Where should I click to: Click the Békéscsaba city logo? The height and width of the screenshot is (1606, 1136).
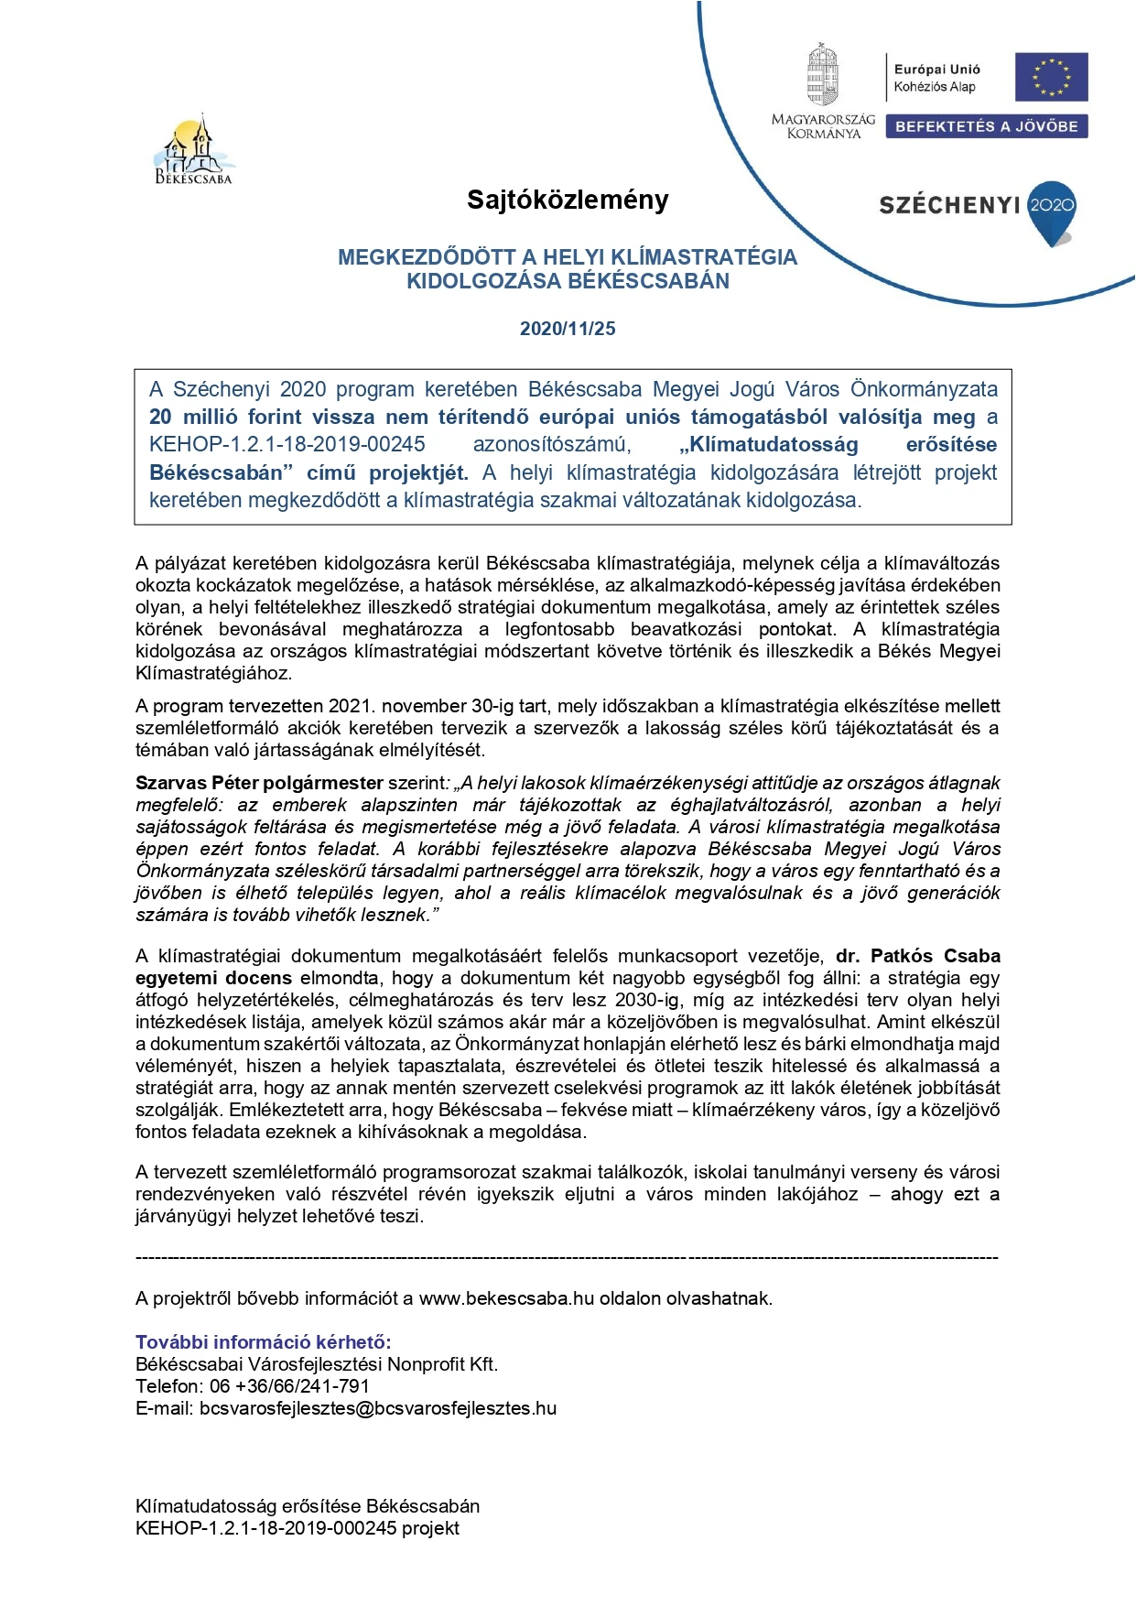(x=193, y=151)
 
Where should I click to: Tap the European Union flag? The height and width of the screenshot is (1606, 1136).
(x=1051, y=77)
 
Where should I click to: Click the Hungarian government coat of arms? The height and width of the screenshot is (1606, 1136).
(x=822, y=75)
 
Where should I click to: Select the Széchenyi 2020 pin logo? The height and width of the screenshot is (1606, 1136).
(x=1052, y=212)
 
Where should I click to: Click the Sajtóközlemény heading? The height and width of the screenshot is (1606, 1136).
(x=568, y=200)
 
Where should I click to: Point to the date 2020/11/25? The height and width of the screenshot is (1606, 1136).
(x=568, y=329)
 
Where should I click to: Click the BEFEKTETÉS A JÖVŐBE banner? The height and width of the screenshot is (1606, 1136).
(x=987, y=126)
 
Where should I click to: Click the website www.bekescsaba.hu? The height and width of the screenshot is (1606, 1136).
(x=506, y=1298)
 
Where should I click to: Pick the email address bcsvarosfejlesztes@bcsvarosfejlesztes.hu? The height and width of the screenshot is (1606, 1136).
(x=378, y=1408)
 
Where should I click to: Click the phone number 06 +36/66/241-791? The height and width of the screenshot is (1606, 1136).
(x=289, y=1386)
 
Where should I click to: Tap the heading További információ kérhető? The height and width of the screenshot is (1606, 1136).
(x=263, y=1342)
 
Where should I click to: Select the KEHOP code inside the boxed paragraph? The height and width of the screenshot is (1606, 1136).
(x=287, y=445)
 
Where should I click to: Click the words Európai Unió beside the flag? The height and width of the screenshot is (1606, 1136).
(x=936, y=70)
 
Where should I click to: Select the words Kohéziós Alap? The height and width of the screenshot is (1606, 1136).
(x=935, y=87)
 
